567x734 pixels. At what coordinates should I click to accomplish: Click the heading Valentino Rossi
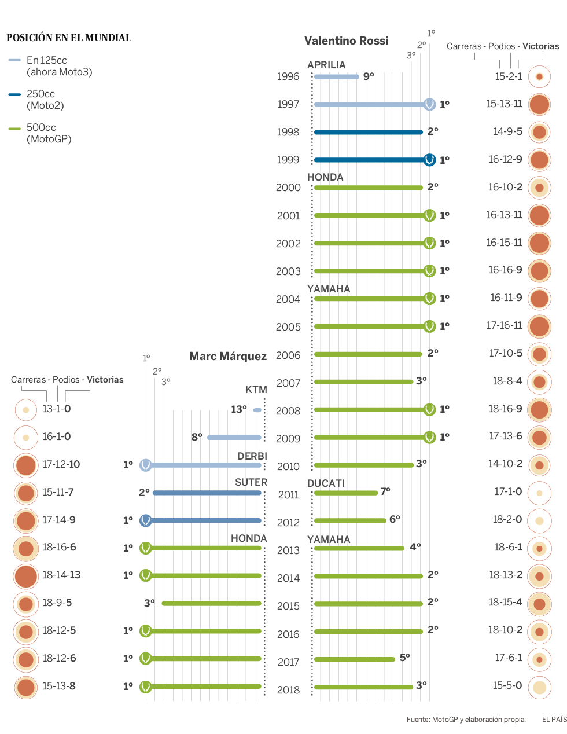click(x=346, y=41)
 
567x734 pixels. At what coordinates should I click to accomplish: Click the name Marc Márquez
click(x=228, y=356)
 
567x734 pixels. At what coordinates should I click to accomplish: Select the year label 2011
click(x=288, y=495)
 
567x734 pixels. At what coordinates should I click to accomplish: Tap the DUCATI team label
click(x=326, y=483)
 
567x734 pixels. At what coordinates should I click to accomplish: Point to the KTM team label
click(x=256, y=390)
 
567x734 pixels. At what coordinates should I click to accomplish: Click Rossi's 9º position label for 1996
click(x=369, y=76)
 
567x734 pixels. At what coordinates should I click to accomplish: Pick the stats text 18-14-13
click(x=61, y=575)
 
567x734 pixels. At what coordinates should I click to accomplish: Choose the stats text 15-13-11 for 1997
click(x=504, y=104)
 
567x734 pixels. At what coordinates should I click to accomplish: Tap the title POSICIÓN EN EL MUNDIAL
click(x=69, y=38)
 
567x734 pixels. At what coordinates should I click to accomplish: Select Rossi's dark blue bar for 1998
click(x=368, y=132)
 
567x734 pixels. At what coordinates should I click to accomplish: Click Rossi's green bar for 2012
click(x=350, y=520)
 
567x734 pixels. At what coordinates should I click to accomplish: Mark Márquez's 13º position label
click(x=238, y=409)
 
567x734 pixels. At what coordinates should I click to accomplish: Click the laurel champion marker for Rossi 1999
click(x=429, y=160)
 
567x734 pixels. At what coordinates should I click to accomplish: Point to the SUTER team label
click(x=251, y=482)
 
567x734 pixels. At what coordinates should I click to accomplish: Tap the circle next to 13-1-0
click(x=26, y=409)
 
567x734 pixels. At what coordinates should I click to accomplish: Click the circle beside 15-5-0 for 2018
click(x=539, y=687)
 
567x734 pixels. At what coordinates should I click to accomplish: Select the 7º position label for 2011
click(x=385, y=491)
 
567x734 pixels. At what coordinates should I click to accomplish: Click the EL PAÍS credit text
click(x=554, y=720)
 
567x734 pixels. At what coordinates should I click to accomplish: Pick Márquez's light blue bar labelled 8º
click(x=234, y=438)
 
